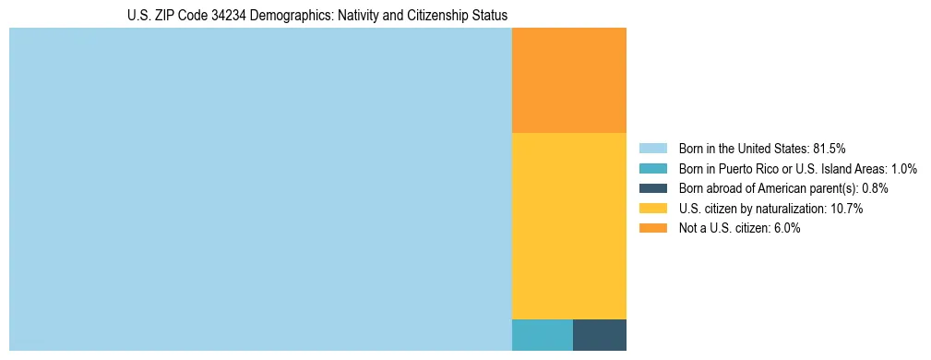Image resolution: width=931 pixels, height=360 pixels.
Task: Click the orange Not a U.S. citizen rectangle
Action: pos(568,80)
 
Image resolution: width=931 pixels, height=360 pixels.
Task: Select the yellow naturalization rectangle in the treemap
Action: pos(568,225)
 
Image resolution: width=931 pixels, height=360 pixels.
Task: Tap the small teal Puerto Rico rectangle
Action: pos(542,334)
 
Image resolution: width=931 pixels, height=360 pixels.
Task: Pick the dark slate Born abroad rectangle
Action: pos(599,334)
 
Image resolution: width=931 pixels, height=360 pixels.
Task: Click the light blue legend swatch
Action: pos(652,148)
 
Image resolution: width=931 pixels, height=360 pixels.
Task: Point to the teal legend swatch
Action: pos(652,168)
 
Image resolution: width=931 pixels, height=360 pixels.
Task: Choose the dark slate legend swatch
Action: pos(652,188)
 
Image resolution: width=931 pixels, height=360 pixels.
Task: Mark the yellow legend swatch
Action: pos(652,209)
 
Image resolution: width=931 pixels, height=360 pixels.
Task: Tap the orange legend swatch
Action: pos(652,229)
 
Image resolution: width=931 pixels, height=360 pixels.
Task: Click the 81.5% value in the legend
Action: pos(829,148)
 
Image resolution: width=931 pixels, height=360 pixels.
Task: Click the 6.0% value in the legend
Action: pos(784,229)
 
